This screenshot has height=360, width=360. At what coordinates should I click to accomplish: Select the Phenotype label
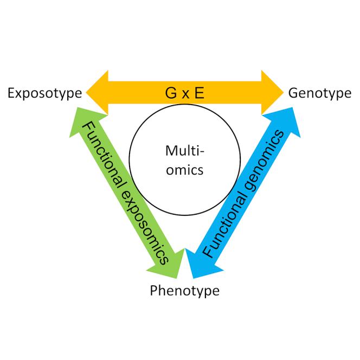185,291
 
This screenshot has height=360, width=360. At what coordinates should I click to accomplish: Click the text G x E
185,93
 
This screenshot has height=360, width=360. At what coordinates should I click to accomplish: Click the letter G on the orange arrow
171,93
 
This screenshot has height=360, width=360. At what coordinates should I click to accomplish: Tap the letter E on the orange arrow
200,93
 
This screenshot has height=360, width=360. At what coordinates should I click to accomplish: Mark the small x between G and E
185,94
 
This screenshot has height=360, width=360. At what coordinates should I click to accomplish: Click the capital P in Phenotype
155,291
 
